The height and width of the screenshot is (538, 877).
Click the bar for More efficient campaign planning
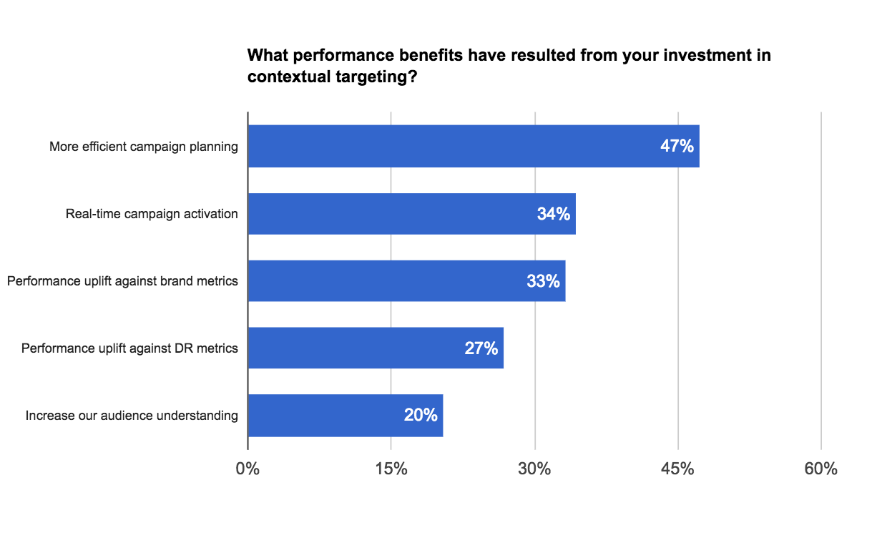coord(472,147)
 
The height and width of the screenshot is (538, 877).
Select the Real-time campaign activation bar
coord(411,214)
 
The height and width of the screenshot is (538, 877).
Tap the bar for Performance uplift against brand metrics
coord(406,281)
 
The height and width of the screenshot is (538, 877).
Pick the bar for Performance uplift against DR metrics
coord(376,348)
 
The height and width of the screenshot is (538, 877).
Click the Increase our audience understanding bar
coord(345,416)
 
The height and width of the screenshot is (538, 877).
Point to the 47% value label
coord(677,147)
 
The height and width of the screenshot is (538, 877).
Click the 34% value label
coord(554,214)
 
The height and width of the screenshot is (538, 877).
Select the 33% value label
coord(543,281)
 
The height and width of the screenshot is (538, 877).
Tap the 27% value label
coord(481,348)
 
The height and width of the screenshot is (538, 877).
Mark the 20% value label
coord(421,416)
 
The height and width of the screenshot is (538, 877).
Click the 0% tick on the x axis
coord(248,469)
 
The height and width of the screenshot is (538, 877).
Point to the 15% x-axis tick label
coord(391,469)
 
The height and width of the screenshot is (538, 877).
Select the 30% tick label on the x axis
coord(534,469)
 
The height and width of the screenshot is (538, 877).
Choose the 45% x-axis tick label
coord(677,469)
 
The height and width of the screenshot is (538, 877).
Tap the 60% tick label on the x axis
coord(820,469)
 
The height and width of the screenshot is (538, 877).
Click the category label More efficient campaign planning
coord(143,147)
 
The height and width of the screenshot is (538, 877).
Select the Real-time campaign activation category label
coord(152,214)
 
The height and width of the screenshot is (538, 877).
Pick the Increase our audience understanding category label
coord(132,416)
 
